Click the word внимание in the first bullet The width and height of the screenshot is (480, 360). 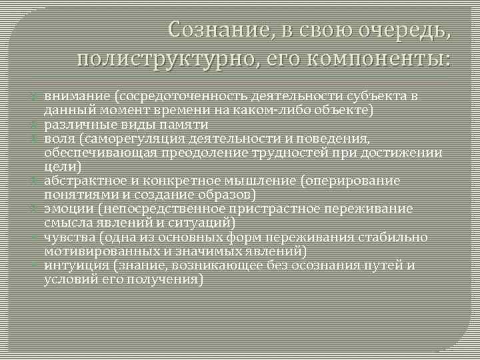pyautogui.click(x=70, y=96)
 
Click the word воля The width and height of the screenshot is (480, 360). pyautogui.click(x=57, y=139)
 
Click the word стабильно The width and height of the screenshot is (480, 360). pyautogui.click(x=393, y=238)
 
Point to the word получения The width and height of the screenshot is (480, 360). pyautogui.click(x=166, y=279)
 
